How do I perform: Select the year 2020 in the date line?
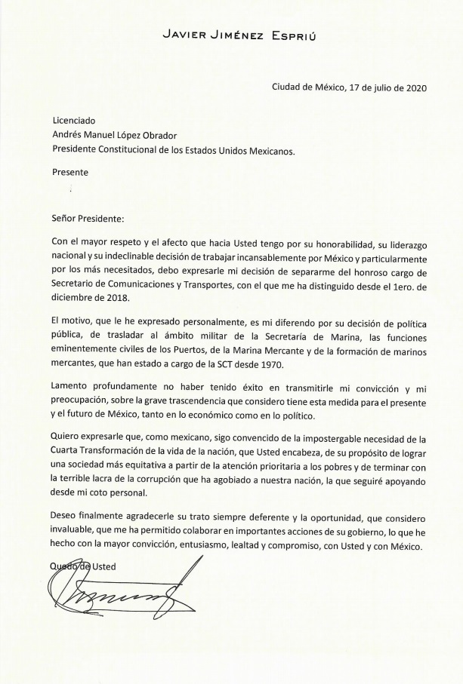(415, 87)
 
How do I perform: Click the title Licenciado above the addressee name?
(74, 121)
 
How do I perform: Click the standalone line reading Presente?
(69, 172)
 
